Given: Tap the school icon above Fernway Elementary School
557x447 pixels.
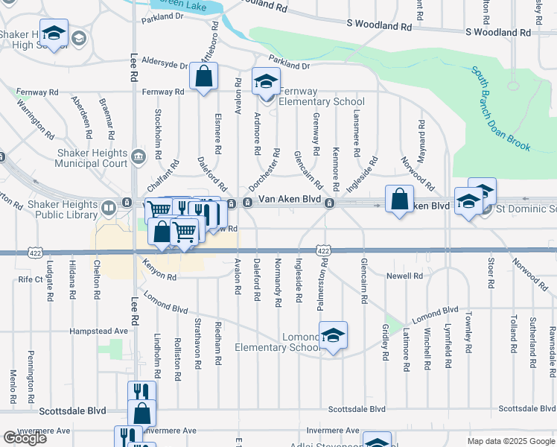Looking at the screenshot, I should [265, 81].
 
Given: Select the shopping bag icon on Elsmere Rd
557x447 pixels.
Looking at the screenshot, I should [203, 76].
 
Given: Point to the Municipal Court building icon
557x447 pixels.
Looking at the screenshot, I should [139, 156].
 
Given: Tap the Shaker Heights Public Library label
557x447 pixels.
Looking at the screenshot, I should [63, 209].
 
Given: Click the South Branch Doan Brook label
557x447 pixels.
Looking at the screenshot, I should [500, 108].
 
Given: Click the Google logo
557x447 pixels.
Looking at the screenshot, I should [25, 438].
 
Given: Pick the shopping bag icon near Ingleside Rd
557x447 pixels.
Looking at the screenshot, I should [400, 200].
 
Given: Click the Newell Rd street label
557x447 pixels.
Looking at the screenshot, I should [404, 276].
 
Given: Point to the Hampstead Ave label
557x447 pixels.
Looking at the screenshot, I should [99, 331].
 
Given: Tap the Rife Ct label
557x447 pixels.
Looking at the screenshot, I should [31, 279].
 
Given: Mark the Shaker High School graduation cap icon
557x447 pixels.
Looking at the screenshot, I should [53, 34].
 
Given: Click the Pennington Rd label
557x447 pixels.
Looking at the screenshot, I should [31, 367].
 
